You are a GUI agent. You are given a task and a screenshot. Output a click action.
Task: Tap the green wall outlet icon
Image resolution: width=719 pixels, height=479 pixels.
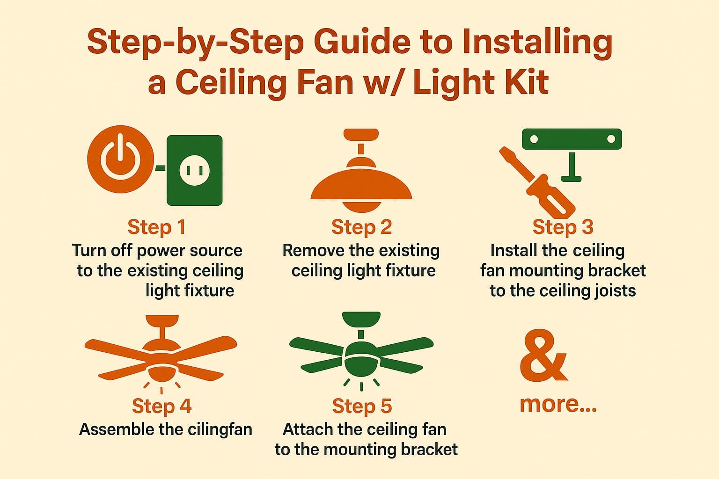[x=194, y=170]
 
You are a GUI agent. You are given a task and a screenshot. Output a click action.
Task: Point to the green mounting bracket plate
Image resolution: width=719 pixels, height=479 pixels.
[x=572, y=139]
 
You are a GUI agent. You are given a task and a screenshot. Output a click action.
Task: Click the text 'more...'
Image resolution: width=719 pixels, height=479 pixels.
[x=558, y=404]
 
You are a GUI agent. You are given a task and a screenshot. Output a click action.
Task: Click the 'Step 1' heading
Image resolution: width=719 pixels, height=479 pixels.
[x=156, y=227]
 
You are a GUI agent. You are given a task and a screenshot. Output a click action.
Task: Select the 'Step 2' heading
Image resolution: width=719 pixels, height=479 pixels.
[x=361, y=227]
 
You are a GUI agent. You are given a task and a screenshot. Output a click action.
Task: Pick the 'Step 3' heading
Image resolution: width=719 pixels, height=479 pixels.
[x=563, y=227]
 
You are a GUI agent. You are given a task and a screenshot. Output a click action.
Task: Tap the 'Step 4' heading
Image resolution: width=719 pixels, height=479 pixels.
[x=161, y=406]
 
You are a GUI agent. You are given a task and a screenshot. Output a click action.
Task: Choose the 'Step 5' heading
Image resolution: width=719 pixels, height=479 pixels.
[x=361, y=406]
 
